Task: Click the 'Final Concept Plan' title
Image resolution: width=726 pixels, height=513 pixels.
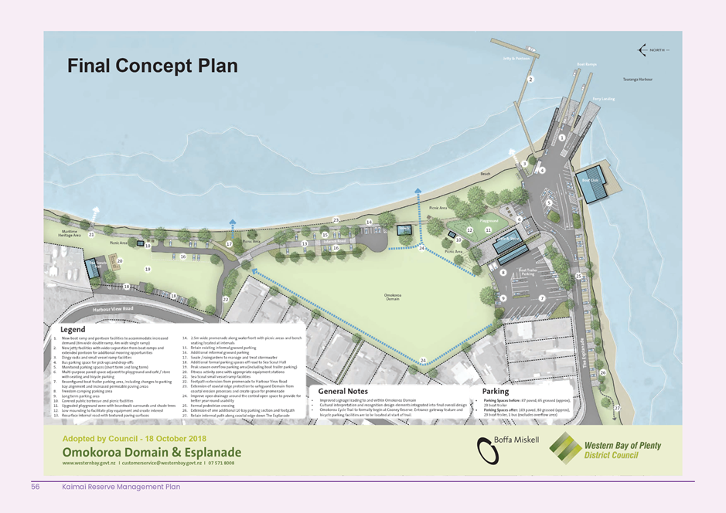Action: (x=152, y=66)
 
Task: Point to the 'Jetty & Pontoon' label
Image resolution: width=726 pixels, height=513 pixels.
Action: (x=516, y=58)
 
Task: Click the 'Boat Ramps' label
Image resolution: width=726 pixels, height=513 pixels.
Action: (x=587, y=65)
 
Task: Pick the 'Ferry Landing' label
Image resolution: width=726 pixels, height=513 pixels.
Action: (x=603, y=99)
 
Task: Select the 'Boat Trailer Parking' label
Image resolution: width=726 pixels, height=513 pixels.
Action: (x=529, y=271)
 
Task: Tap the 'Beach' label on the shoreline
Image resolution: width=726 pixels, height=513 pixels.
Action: (x=486, y=175)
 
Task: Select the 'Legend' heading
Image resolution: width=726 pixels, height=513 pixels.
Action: (x=73, y=331)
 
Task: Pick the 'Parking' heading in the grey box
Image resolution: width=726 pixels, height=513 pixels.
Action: (x=496, y=392)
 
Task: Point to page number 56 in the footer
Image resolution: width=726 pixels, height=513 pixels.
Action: (x=36, y=487)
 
